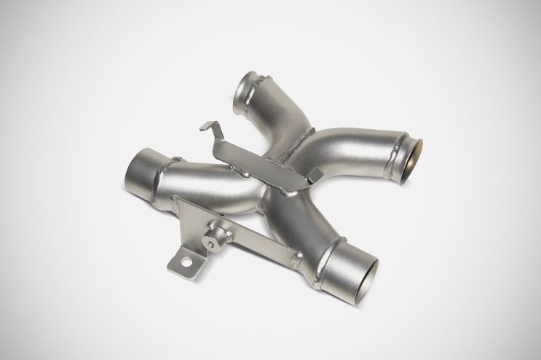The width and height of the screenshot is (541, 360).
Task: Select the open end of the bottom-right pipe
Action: click(x=361, y=265)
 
